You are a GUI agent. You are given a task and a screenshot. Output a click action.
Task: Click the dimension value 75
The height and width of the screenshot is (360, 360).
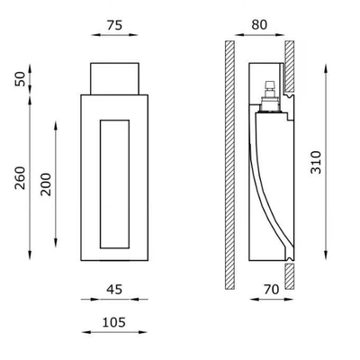click(x=114, y=25)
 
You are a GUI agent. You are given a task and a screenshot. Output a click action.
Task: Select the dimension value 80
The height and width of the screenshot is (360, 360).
click(x=259, y=24)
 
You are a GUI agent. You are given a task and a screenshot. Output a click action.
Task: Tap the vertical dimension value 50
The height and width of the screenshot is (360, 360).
click(x=20, y=79)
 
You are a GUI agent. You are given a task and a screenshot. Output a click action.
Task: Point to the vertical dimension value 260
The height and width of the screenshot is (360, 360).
click(x=20, y=177)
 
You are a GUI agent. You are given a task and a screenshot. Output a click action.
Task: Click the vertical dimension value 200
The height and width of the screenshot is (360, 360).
click(x=46, y=184)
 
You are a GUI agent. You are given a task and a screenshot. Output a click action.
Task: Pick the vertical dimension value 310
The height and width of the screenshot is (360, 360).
click(x=316, y=162)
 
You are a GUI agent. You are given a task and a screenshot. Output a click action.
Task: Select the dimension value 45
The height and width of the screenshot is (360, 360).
click(x=114, y=290)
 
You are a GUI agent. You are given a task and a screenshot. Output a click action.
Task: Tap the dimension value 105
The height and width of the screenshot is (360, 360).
click(x=114, y=322)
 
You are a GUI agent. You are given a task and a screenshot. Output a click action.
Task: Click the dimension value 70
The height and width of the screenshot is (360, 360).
click(x=272, y=290)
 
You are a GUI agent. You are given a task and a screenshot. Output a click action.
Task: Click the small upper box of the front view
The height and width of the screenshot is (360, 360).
click(x=114, y=78)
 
